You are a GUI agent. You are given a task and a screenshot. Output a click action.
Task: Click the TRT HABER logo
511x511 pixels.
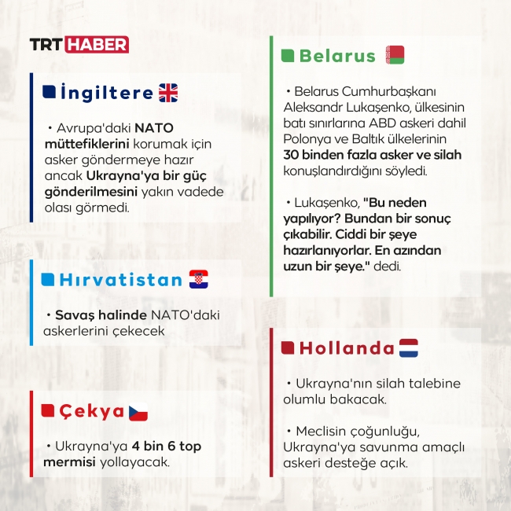click(79, 44)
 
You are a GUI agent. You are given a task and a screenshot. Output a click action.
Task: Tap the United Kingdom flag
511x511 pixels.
click(169, 93)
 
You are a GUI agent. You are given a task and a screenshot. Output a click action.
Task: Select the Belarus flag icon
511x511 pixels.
click(395, 55)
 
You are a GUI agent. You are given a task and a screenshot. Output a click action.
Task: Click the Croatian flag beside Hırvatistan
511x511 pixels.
click(199, 279)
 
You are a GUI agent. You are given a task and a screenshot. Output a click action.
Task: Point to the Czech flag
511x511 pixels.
click(138, 411)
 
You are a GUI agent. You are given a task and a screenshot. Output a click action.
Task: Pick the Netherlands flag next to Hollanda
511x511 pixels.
click(409, 348)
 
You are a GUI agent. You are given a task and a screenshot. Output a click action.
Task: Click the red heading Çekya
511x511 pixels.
click(91, 411)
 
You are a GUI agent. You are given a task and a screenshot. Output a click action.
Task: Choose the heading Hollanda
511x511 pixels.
click(346, 348)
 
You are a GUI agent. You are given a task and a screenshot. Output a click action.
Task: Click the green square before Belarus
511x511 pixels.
click(287, 56)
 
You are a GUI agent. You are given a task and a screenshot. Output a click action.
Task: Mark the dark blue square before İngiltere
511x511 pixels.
click(49, 92)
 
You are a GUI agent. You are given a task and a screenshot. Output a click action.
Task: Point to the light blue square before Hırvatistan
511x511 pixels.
click(48, 279)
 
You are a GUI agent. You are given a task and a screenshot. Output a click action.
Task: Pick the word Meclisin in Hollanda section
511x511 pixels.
click(323, 431)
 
